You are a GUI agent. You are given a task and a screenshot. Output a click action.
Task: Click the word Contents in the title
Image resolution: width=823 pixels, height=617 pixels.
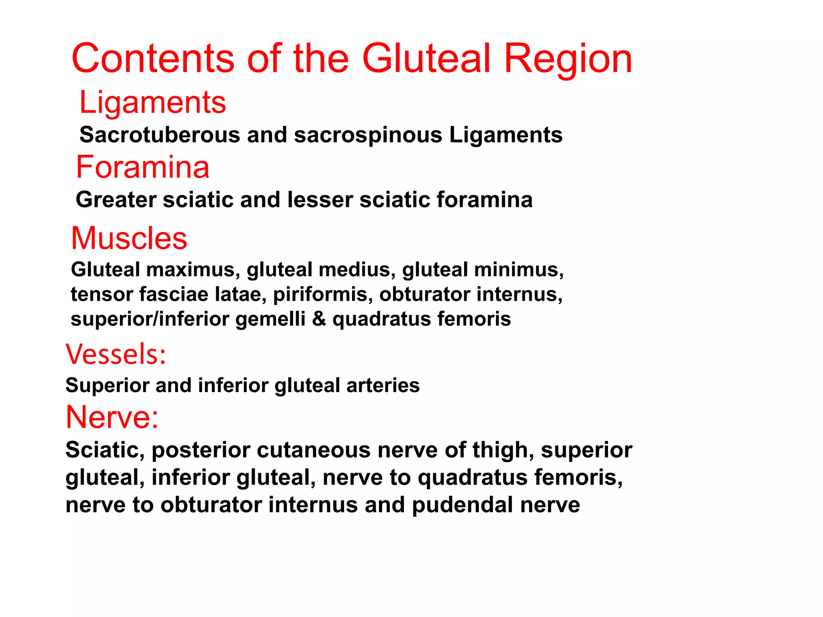point(153,59)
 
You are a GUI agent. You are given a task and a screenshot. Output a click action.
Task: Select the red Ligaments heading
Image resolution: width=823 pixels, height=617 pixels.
point(153,102)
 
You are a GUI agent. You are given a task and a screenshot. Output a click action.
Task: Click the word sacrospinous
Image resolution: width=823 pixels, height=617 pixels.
point(368,135)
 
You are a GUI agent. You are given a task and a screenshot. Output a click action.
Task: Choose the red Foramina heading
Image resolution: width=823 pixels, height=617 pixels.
point(143,167)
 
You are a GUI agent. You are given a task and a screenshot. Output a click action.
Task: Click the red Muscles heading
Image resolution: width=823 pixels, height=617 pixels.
point(129,238)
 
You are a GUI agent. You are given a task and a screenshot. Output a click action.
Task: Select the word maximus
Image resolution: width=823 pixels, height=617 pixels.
point(193,270)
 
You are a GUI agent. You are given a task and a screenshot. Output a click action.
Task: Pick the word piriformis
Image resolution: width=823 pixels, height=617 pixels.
point(323,294)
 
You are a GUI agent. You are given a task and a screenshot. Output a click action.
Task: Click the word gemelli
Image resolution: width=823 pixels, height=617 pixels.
point(270,319)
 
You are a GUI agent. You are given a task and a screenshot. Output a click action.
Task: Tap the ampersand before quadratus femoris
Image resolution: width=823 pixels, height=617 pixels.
point(319,319)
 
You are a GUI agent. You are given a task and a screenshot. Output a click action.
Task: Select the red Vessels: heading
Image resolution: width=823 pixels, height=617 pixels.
point(116,354)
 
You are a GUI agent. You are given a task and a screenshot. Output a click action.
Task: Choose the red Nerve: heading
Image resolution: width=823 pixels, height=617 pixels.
point(112,417)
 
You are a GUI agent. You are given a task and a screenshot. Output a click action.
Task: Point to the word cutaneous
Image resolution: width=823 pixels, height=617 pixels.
point(313,450)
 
